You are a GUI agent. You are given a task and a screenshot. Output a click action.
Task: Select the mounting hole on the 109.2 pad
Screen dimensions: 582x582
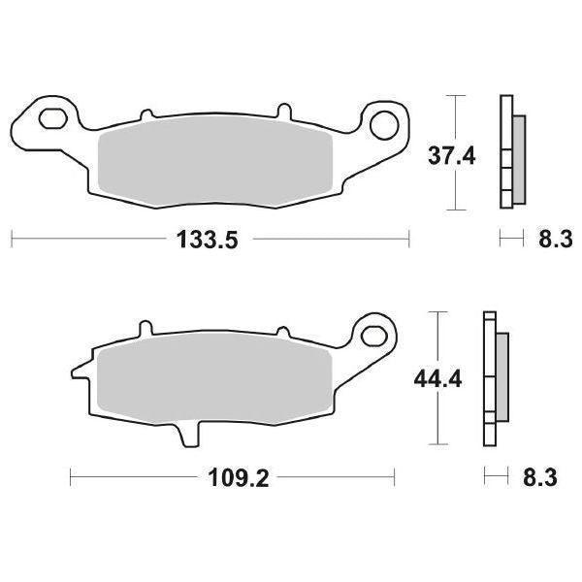pos(371,337)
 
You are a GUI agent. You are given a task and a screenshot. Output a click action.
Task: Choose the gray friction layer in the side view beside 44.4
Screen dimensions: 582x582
pos(503,379)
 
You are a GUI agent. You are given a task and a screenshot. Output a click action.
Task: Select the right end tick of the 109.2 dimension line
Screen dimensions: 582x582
pos(395,476)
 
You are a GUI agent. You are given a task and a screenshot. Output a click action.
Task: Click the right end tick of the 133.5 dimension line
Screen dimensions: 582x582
pos(408,238)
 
